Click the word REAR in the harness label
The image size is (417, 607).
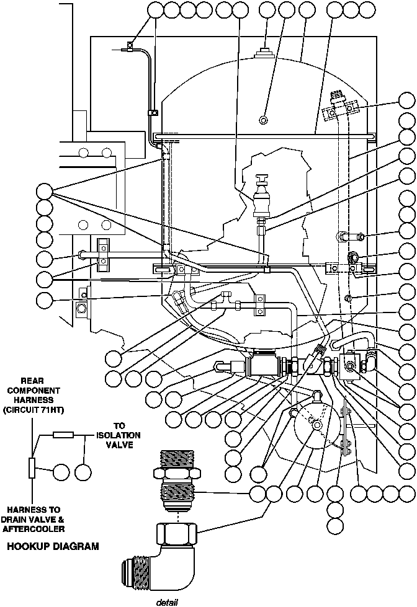pos(32,381)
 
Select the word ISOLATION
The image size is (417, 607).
pos(120,435)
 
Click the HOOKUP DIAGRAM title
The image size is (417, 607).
pos(53,547)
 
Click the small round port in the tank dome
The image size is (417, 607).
pos(264,119)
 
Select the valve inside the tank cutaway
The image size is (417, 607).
pos(264,197)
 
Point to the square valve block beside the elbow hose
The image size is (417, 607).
pos(351,366)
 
